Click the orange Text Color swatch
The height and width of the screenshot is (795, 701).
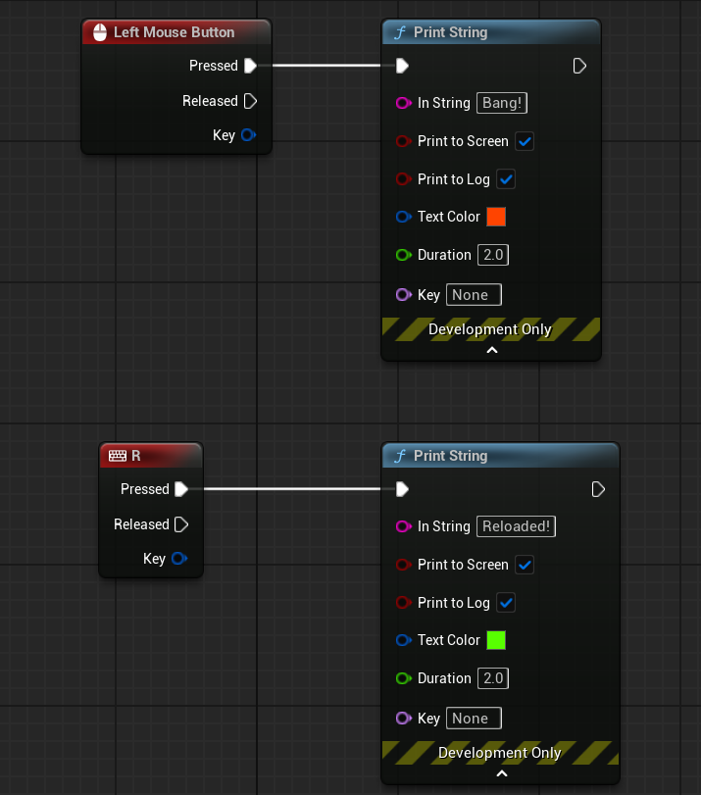[x=496, y=217]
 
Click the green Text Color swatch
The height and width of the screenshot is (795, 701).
[x=496, y=640]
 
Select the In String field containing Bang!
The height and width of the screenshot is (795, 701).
[x=502, y=103]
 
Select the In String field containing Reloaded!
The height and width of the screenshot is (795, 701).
[x=516, y=526]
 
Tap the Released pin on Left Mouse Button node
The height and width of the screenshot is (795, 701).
[x=250, y=101]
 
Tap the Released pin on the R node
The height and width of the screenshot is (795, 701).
[x=181, y=524]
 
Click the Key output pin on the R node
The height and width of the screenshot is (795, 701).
[x=179, y=558]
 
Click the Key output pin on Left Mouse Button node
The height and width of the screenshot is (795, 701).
[x=249, y=135]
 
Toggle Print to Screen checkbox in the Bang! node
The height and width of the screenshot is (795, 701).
[x=525, y=141]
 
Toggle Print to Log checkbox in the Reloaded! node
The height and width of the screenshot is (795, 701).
[x=506, y=603]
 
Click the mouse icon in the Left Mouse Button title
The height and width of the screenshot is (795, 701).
[x=100, y=32]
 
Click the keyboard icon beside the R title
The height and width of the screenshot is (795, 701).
[x=118, y=456]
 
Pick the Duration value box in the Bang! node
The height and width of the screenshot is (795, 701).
[x=492, y=255]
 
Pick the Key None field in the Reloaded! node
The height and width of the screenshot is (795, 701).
[x=474, y=719]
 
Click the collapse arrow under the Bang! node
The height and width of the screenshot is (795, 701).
[x=491, y=350]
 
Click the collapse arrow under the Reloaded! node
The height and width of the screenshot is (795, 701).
[x=501, y=773]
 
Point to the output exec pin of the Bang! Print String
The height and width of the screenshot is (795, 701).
[x=579, y=66]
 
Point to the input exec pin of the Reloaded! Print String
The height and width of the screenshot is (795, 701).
[x=402, y=489]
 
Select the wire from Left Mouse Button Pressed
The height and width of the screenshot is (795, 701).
[x=326, y=66]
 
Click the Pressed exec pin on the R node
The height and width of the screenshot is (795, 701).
[x=181, y=489]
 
